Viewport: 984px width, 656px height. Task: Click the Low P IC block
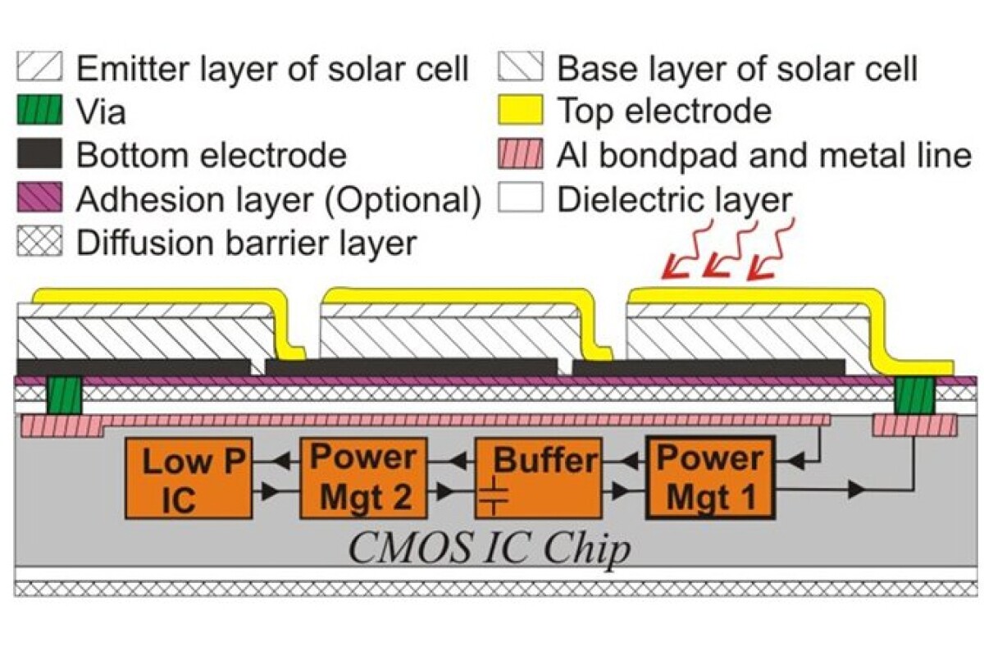(188, 478)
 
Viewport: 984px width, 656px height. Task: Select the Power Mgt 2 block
(363, 478)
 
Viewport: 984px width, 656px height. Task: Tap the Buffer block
(538, 478)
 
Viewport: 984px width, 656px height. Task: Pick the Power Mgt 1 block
(710, 478)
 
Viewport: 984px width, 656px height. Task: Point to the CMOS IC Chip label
(490, 548)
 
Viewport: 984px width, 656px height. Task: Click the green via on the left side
(63, 395)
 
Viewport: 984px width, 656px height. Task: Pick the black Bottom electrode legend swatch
(40, 155)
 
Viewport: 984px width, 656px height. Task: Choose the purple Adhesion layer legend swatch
(40, 199)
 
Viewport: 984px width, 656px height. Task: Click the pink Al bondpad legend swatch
(521, 155)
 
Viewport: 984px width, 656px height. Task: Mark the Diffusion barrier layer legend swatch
(40, 244)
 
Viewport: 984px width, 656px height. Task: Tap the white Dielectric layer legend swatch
(521, 199)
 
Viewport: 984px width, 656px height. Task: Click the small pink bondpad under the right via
(914, 426)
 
